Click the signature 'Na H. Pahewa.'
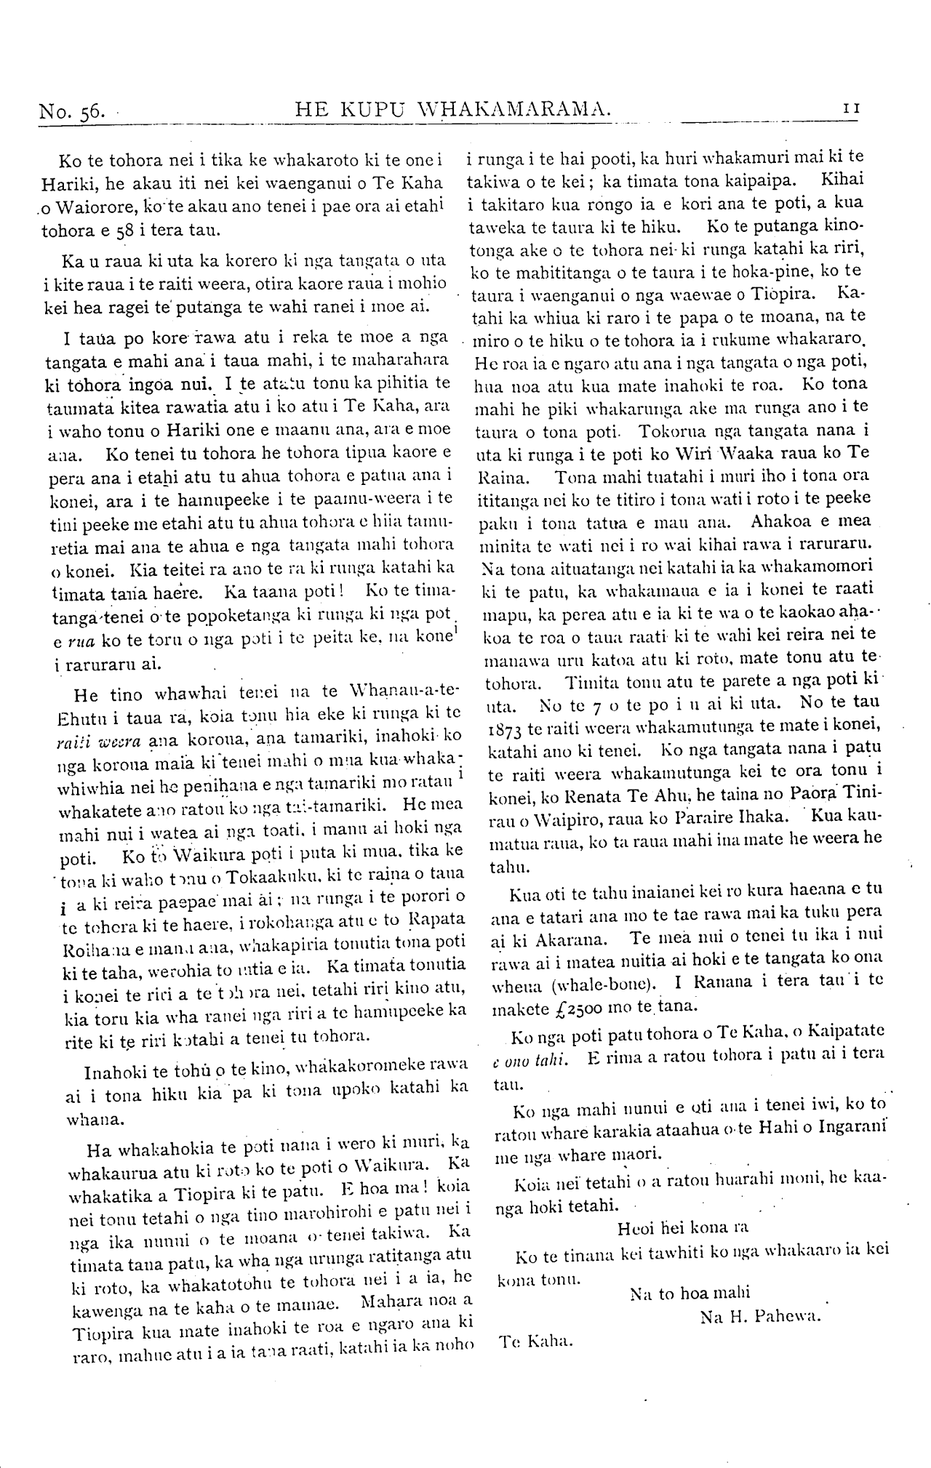[759, 1316]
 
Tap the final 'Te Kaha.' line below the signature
[536, 1341]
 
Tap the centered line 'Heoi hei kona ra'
[682, 1228]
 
